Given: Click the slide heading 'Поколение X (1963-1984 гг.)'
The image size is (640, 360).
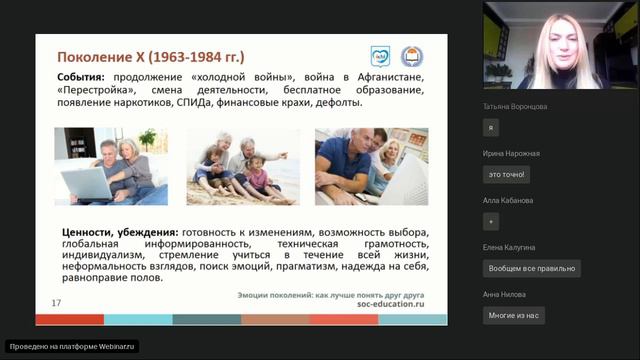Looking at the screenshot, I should (150, 56).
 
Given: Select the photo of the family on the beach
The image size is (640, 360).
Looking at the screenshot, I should (242, 166).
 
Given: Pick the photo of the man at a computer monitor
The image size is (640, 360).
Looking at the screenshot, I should (371, 166).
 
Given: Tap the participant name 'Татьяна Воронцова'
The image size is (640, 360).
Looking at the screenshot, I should (515, 106).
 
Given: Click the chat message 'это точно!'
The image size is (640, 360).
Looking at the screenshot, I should (507, 174).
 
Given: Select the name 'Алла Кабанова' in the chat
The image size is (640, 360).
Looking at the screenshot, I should (508, 200).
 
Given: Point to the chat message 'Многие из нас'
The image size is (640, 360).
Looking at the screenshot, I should (513, 315).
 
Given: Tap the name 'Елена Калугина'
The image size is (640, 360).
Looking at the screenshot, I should (510, 247).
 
